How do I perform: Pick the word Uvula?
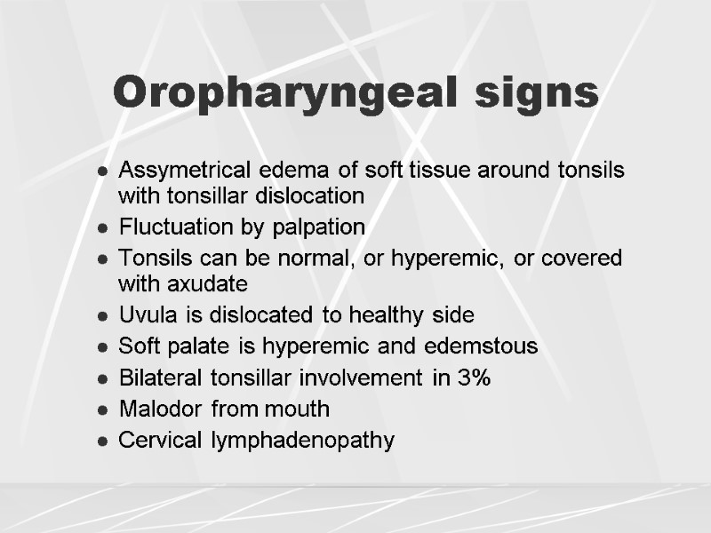tap(143, 314)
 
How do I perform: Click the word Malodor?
tap(156, 409)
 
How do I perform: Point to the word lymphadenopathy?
tap(303, 441)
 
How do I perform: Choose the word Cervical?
tap(162, 440)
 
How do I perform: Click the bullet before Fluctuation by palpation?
tap(104, 228)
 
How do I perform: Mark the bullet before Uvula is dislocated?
tap(104, 315)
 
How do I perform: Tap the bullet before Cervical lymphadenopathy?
tap(104, 441)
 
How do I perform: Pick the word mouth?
tap(300, 409)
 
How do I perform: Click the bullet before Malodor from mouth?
tap(104, 410)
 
